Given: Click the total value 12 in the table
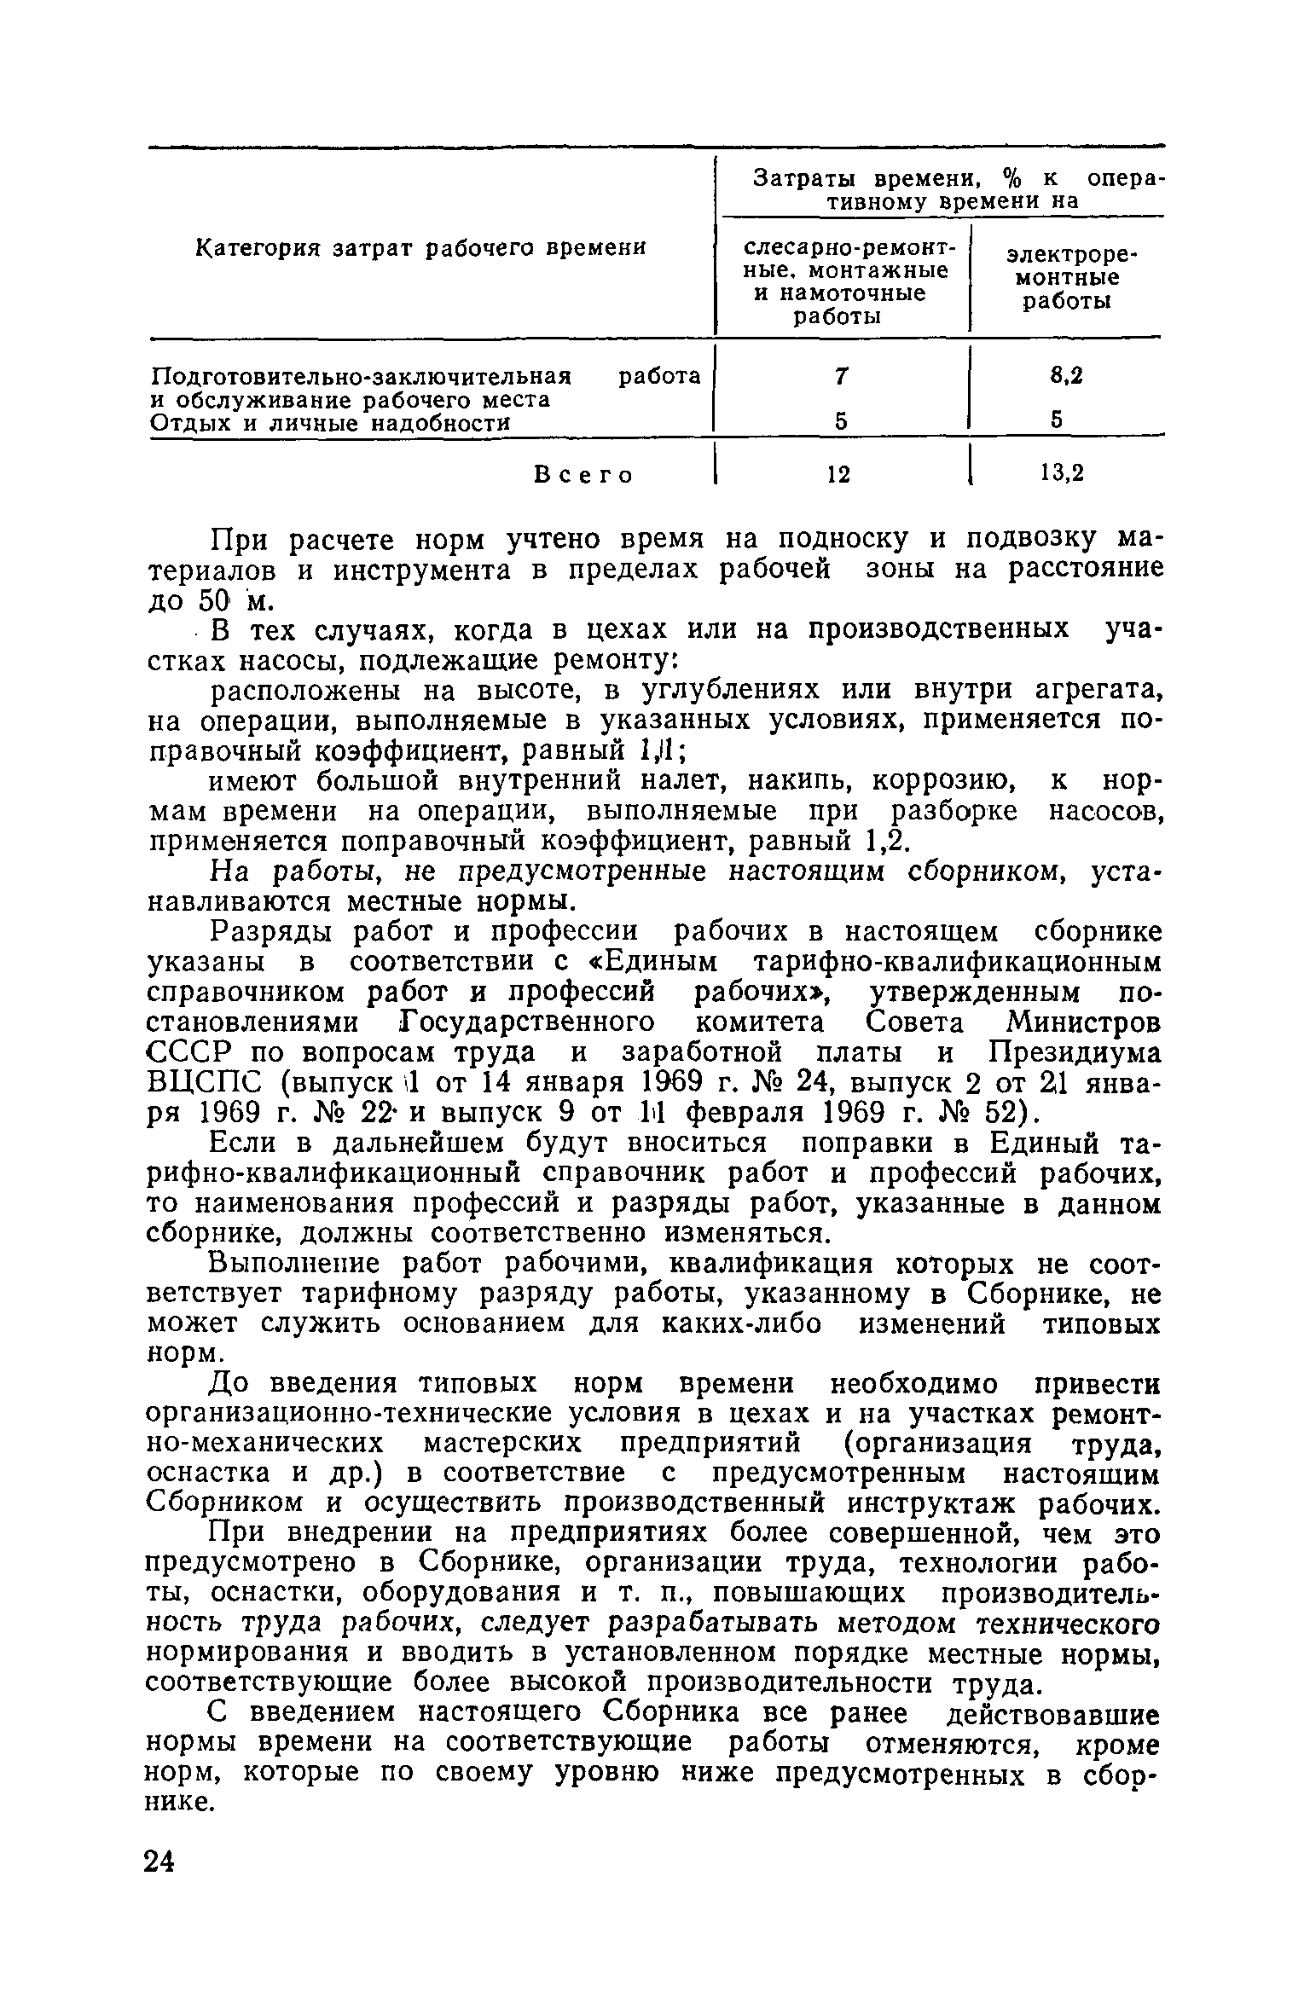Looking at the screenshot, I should click(x=840, y=474).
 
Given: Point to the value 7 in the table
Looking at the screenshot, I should click(x=842, y=376).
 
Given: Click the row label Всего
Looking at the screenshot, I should click(x=583, y=474).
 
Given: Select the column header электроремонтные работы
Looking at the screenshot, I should click(x=1067, y=278).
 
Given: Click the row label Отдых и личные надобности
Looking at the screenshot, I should click(x=330, y=424).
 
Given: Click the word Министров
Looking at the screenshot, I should click(x=1083, y=1022).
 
